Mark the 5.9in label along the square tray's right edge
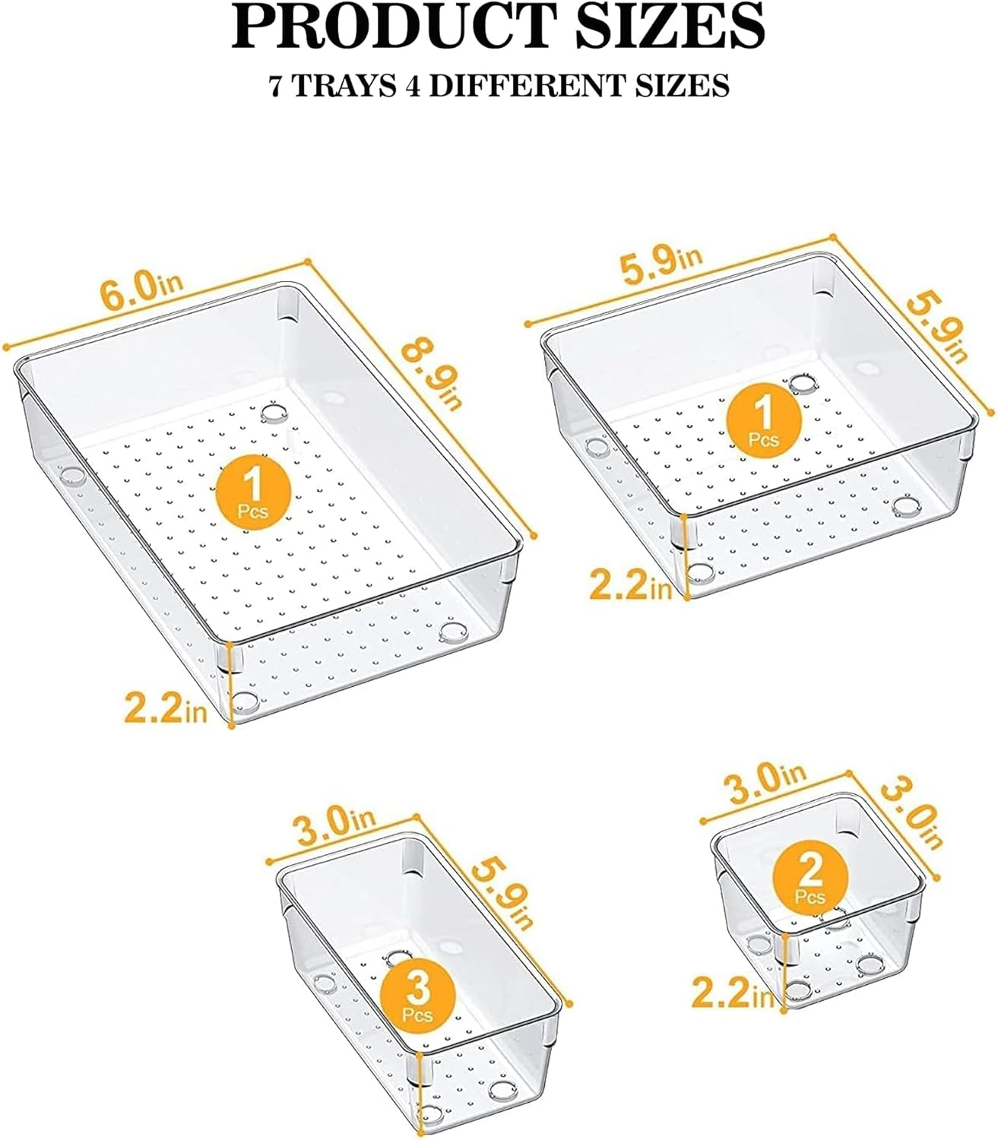coord(936,328)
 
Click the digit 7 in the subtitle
coord(278,85)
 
